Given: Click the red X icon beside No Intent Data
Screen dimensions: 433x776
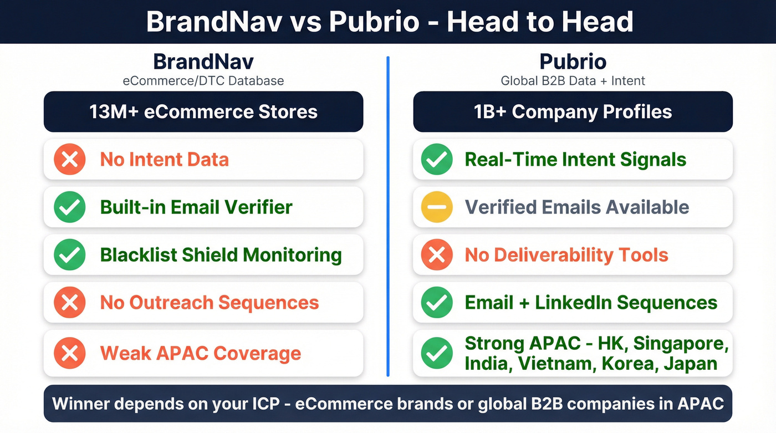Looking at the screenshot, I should (x=70, y=160).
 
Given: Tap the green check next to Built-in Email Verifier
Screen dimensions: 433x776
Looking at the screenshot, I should (x=70, y=207).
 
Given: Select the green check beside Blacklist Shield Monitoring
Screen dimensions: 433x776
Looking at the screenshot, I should (x=70, y=255).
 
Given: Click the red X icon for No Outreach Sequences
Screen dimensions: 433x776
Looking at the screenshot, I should (x=70, y=303).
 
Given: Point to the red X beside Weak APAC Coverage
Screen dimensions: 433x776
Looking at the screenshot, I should (x=70, y=353).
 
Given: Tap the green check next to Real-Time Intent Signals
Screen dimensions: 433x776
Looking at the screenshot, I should (x=437, y=160).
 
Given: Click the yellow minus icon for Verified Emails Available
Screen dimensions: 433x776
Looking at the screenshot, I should (x=437, y=207).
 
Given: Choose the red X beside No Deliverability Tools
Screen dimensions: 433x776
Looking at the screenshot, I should (x=437, y=255).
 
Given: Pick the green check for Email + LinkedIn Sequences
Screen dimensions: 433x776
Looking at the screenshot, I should (x=437, y=303).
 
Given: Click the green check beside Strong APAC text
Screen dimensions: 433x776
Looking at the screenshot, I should (x=437, y=353).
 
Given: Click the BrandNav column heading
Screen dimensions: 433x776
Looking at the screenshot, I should (x=203, y=61).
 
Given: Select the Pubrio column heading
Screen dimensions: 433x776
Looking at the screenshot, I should (x=573, y=61).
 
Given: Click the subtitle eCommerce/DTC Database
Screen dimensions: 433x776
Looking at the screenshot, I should (x=203, y=81).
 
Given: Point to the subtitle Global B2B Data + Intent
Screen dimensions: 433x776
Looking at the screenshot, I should (x=573, y=81).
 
